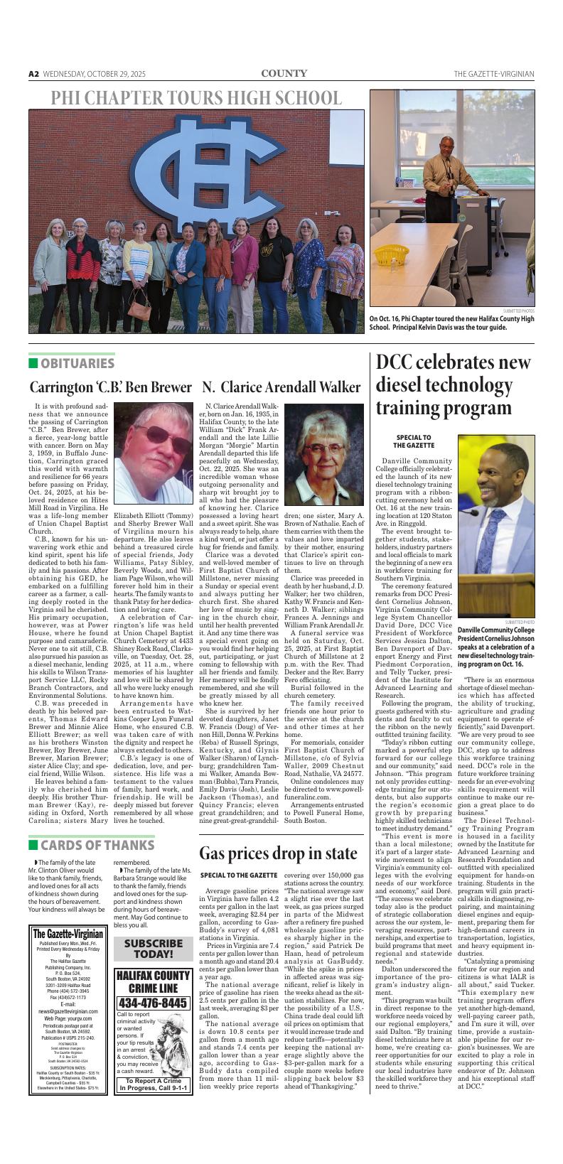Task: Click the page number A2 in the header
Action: pos(33,74)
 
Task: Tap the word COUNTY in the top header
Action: pos(284,73)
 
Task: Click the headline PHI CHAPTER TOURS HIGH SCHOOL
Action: pos(196,99)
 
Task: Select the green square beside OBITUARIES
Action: pos(33,364)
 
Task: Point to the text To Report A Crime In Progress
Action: pos(154,1084)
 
